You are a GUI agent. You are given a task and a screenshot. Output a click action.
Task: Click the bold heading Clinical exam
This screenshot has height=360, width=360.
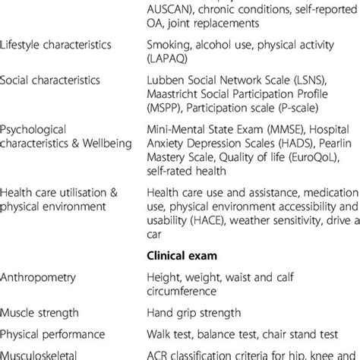pyautogui.click(x=182, y=255)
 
